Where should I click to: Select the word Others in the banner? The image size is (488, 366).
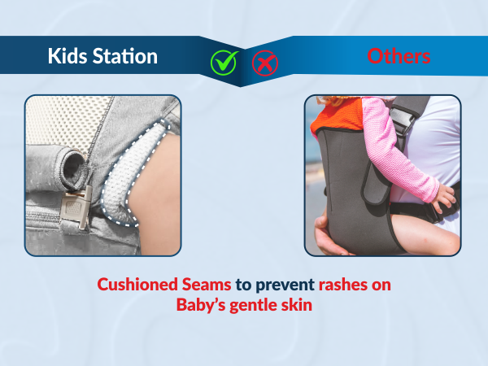tap(399, 56)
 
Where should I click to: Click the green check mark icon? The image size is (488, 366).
tap(223, 61)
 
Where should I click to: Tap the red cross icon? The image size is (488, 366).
tap(263, 61)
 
